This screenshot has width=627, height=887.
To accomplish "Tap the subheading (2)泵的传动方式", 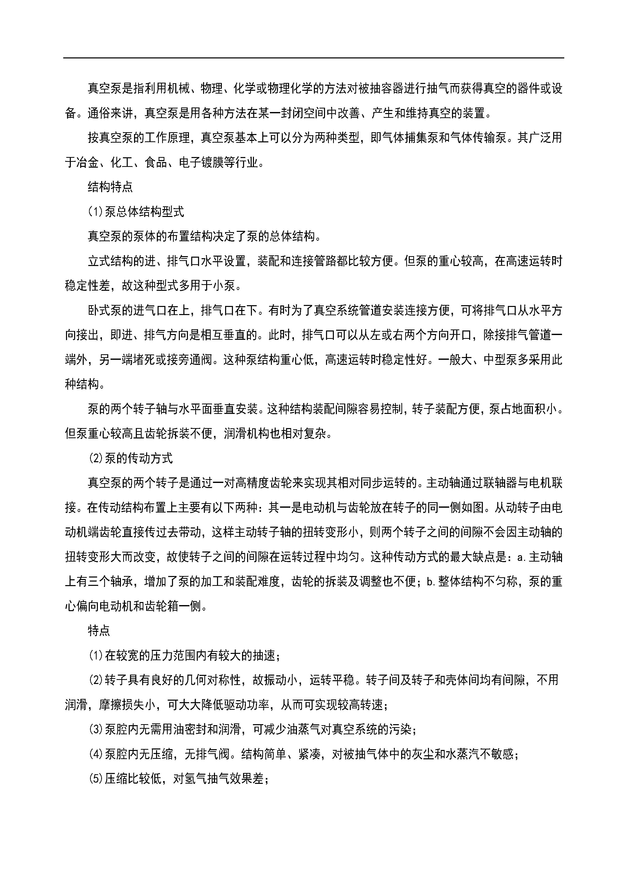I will (131, 458).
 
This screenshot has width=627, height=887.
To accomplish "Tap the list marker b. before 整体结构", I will (431, 581).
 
